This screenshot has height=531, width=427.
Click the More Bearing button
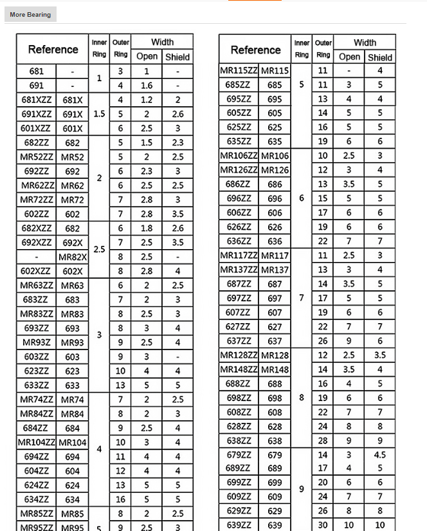coord(30,14)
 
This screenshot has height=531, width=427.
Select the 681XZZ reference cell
coord(36,100)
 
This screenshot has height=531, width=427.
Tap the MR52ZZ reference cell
coord(36,156)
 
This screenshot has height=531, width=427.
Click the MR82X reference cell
coord(73,257)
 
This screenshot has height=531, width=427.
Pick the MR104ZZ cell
coord(37,442)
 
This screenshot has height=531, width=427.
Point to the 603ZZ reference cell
coord(36,357)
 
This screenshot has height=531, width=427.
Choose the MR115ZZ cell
coord(239,70)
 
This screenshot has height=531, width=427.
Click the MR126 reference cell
coord(275,170)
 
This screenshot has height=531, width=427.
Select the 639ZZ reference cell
coord(239,525)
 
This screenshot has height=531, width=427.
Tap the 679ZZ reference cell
coord(239,455)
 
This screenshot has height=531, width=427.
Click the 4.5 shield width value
coord(380,455)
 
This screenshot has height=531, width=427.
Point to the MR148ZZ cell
coord(239,369)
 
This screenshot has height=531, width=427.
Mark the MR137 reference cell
coord(275,270)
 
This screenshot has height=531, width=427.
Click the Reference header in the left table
coord(53,49)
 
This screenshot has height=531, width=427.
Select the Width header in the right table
coord(365,42)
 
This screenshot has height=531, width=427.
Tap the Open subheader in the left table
coord(147,57)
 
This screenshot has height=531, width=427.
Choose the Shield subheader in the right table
coord(380,57)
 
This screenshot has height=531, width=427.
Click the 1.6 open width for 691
coord(147,85)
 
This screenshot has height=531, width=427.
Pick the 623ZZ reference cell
coord(36,371)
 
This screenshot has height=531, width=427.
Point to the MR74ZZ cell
coord(36,399)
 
